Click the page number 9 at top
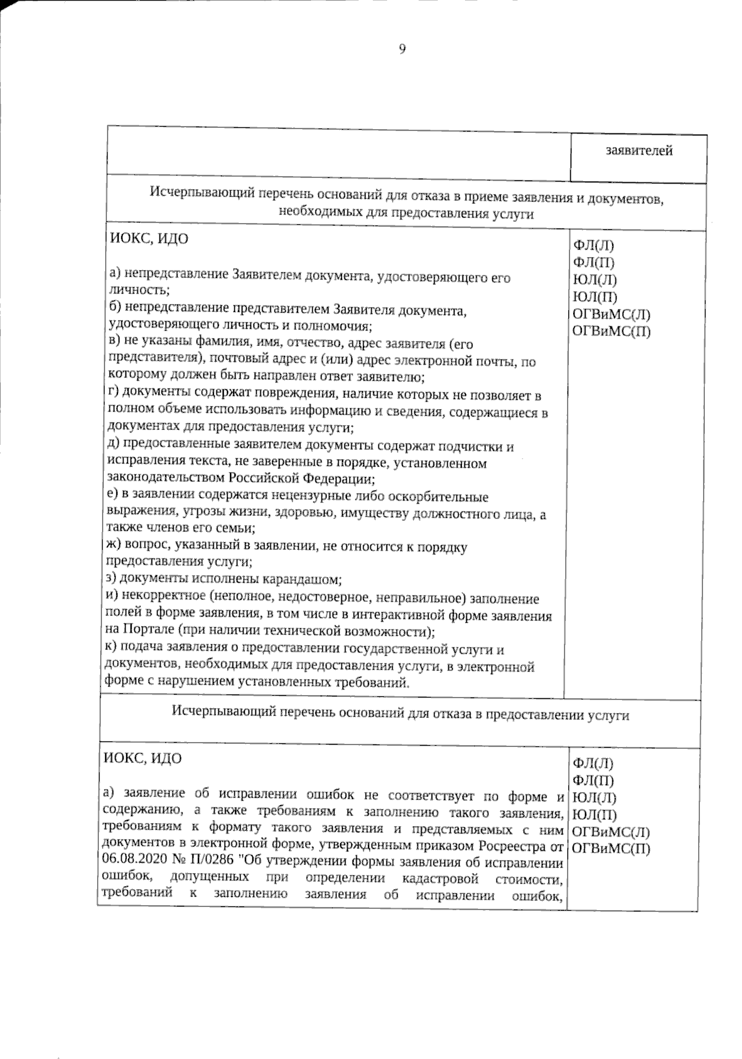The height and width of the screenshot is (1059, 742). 403,50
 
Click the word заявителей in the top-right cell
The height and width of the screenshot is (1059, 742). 639,150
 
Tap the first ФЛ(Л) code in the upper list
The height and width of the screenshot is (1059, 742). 594,245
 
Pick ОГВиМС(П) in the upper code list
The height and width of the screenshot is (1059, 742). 612,331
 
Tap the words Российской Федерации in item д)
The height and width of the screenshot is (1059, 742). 301,478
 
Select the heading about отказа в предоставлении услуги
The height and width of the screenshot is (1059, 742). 401,715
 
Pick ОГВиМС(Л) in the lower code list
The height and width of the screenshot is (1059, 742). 612,831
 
